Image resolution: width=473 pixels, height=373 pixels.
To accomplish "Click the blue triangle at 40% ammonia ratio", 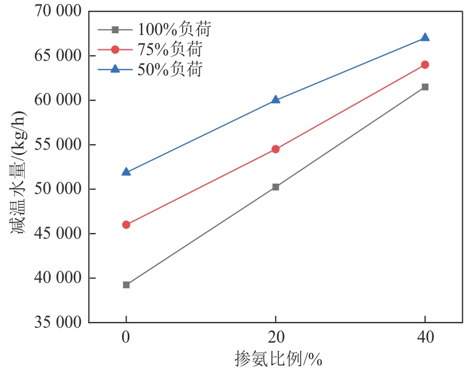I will coord(425,37).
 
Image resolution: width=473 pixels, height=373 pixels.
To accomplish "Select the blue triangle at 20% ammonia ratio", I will coord(275,99).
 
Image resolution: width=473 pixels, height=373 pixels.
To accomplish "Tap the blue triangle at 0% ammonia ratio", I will coord(126,172).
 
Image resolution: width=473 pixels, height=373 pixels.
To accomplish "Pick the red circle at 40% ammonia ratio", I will coord(425,65).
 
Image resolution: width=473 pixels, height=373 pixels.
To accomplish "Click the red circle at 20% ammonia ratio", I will coord(275,149).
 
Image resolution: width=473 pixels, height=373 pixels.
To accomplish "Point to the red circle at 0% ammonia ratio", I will coord(126,225).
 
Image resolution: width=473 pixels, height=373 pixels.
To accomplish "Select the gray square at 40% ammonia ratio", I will coord(425,87).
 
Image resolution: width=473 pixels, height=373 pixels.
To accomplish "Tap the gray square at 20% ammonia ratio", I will coord(275,187).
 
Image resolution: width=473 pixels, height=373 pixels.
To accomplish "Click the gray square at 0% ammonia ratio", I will coord(126,285).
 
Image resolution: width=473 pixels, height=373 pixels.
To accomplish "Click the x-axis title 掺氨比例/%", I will coord(279,360).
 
